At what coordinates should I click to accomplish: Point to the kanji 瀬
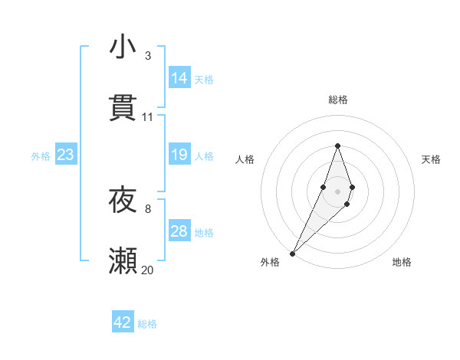pos(123,261)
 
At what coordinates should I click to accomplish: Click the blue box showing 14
pos(179,78)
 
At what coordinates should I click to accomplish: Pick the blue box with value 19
pos(179,155)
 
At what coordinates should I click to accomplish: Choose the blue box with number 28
pos(179,231)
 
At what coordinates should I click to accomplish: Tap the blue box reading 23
pos(65,155)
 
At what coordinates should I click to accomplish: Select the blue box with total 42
pos(123,322)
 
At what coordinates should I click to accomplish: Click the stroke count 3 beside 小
pos(147,56)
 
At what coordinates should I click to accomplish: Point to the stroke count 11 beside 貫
pos(148,117)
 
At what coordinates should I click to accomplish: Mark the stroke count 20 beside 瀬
pos(148,270)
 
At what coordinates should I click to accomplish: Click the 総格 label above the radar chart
pos(338,100)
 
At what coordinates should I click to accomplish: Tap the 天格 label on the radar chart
pos(432,159)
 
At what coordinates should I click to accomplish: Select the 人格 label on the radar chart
pos(245,159)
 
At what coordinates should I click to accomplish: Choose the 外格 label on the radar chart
pos(270,262)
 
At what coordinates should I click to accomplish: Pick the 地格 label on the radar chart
pos(402,262)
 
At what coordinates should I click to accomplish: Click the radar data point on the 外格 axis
pos(293,252)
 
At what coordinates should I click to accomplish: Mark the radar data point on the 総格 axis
pos(338,146)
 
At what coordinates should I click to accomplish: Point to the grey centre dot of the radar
pos(338,191)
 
